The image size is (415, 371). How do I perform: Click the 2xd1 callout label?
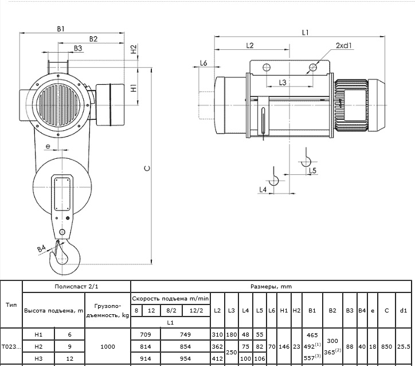point(343,46)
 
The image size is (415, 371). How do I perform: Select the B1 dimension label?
point(61,29)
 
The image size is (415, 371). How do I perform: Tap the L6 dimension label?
point(203,63)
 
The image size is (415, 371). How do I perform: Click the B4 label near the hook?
point(41,248)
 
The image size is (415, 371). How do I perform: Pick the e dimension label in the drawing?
point(48,146)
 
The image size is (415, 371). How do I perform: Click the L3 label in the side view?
point(283,83)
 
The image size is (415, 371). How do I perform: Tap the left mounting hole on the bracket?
point(267,67)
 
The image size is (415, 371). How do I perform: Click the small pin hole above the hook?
point(62,232)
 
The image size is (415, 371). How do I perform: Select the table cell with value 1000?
point(108,347)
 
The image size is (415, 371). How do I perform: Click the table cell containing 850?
point(386,347)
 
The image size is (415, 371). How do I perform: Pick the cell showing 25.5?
point(404,347)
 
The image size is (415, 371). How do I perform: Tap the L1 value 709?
point(146,335)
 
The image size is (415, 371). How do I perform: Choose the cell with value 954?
point(185,359)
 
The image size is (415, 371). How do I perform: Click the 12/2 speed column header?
point(196,311)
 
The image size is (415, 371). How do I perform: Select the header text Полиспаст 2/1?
point(76,287)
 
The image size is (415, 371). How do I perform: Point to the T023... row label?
point(11,347)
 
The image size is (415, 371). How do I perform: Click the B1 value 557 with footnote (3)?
point(312,358)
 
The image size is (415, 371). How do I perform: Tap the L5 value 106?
point(260,359)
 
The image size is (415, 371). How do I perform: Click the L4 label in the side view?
point(263,190)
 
